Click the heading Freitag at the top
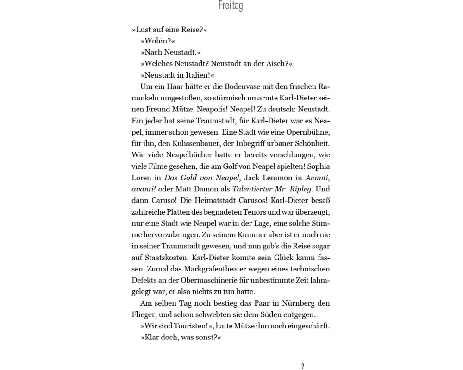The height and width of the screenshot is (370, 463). pyautogui.click(x=230, y=6)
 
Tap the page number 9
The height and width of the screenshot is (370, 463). pyautogui.click(x=302, y=366)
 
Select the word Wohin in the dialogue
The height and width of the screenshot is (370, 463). pyautogui.click(x=157, y=41)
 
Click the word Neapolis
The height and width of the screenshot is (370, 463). pyautogui.click(x=215, y=110)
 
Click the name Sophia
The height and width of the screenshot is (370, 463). pyautogui.click(x=318, y=166)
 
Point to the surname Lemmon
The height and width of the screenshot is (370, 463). pyautogui.click(x=277, y=178)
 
